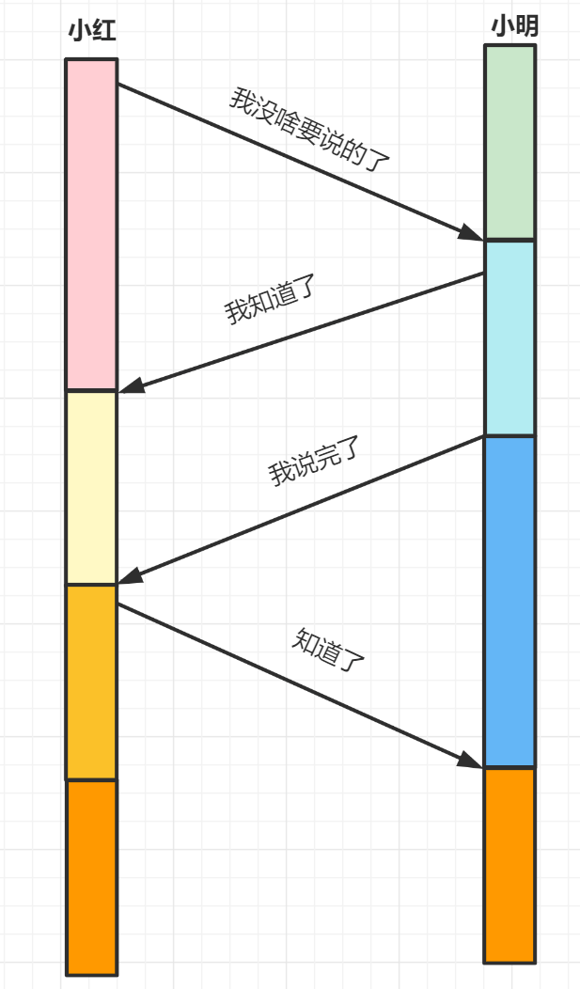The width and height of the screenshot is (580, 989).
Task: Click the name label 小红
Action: (92, 30)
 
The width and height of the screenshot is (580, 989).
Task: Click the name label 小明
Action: (514, 26)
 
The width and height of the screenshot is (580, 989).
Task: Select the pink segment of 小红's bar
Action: (92, 225)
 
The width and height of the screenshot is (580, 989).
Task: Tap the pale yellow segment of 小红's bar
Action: (92, 488)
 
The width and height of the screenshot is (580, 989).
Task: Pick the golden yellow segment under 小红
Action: (92, 683)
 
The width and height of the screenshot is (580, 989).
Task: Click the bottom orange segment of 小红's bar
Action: (92, 877)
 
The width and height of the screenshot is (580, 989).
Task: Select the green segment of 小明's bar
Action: (509, 142)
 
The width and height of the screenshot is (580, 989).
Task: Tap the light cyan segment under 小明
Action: (509, 338)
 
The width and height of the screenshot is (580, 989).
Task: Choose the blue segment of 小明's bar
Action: (509, 602)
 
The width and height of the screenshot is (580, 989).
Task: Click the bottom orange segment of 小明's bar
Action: (509, 865)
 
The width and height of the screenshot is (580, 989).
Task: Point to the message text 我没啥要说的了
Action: (309, 130)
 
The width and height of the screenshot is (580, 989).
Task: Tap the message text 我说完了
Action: (314, 461)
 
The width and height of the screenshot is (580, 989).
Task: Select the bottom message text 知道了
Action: (328, 650)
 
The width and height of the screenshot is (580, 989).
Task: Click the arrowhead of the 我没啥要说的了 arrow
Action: (472, 233)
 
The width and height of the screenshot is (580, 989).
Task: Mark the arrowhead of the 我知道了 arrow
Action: (131, 385)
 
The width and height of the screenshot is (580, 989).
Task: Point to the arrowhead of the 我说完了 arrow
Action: (130, 576)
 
